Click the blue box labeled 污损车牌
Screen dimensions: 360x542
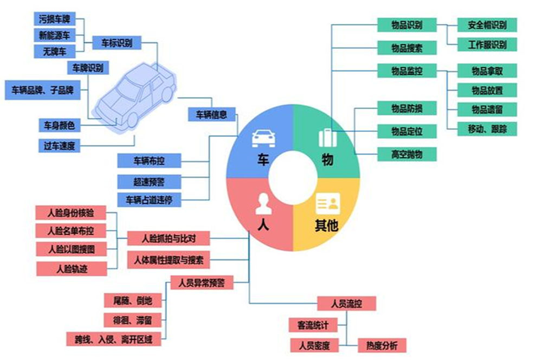(x=54, y=18)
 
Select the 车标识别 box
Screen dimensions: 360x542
(x=113, y=42)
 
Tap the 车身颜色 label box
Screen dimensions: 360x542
(x=59, y=125)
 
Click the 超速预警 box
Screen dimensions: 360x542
(x=149, y=181)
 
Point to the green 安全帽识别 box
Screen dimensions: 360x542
(x=487, y=25)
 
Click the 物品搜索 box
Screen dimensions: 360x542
(x=406, y=47)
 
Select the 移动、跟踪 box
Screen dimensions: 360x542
(x=480, y=128)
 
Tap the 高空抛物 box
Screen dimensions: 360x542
(x=406, y=154)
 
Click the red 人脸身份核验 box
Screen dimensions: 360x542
(x=70, y=213)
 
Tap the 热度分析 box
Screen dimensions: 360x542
(x=382, y=345)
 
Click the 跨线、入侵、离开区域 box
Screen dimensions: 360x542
(x=114, y=340)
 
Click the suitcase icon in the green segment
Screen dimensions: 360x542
(x=328, y=138)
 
